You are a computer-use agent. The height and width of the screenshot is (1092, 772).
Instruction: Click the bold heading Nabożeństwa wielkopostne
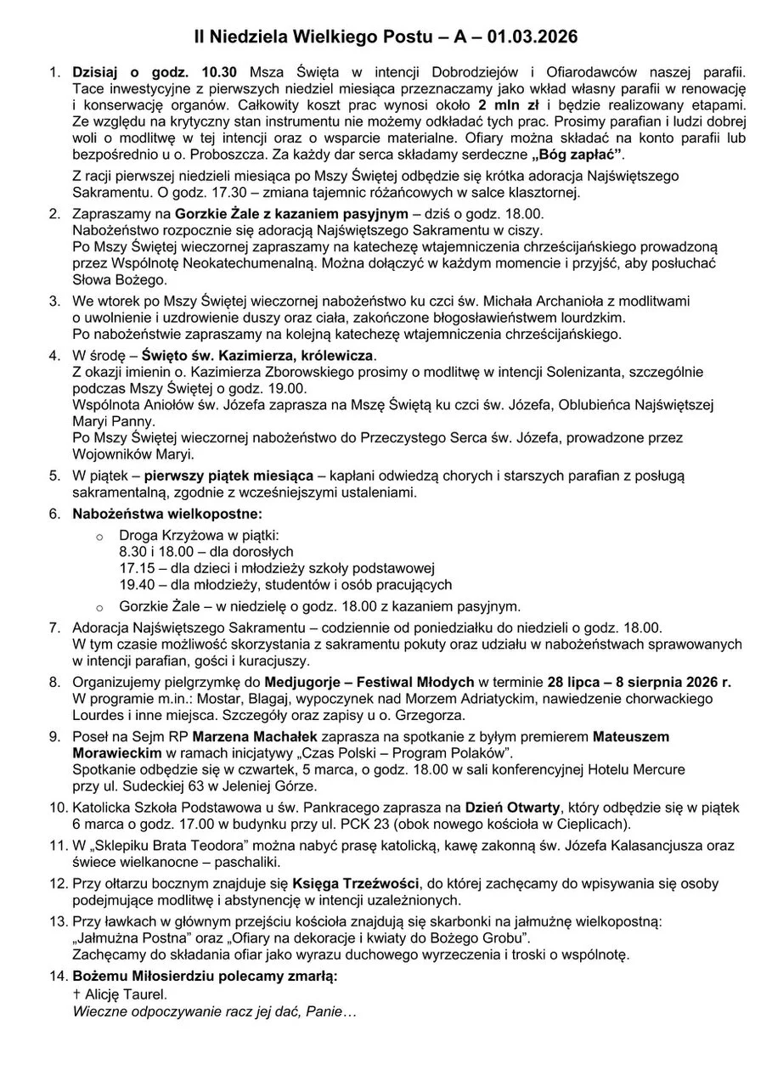coord(167,514)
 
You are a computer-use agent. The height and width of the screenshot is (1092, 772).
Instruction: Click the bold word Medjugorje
coord(302,681)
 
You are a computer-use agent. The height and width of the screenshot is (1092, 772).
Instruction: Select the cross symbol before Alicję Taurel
coord(76,993)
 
